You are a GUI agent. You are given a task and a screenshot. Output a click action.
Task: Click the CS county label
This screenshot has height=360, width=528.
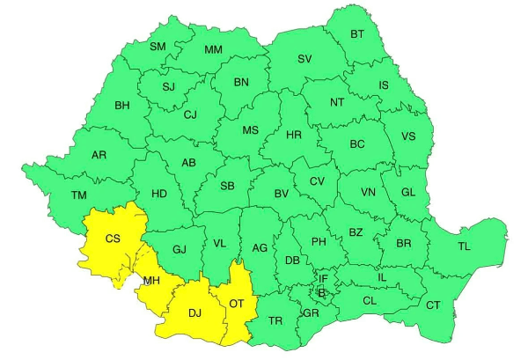(113, 239)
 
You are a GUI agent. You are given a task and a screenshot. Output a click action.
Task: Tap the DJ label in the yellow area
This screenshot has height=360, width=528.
(195, 312)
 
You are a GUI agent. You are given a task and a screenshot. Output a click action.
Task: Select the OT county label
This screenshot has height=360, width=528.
(236, 304)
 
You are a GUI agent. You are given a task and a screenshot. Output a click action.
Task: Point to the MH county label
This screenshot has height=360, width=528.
(151, 281)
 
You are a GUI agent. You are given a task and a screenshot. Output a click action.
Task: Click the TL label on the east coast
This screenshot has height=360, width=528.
(464, 246)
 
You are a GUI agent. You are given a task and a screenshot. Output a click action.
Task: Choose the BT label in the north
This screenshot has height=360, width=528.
(357, 34)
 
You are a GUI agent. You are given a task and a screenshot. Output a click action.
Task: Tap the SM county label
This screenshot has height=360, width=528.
(158, 46)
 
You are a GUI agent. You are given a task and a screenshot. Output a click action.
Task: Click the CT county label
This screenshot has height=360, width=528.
(433, 305)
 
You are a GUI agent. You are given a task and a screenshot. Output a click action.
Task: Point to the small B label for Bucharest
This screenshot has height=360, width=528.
(322, 292)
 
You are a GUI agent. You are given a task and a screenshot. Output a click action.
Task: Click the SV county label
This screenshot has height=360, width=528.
(304, 59)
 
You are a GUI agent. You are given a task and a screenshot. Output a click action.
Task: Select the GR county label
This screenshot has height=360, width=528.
(311, 313)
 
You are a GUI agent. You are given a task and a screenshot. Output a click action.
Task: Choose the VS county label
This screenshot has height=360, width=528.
(408, 136)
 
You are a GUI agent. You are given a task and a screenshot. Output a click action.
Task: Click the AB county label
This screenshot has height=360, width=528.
(188, 163)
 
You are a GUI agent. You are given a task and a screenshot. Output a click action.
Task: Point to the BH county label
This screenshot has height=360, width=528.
(122, 106)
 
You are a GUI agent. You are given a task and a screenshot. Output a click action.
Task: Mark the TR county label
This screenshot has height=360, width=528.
(275, 321)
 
